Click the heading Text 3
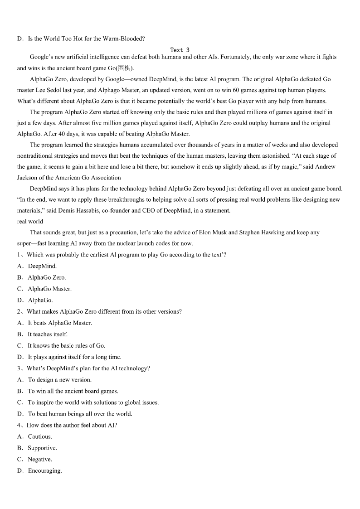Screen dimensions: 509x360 (180, 50)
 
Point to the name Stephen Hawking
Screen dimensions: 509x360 (262, 233)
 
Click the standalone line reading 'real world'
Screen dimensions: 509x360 (30, 221)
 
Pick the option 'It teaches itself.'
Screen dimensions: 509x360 (47, 334)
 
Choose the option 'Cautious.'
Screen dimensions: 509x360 (39, 436)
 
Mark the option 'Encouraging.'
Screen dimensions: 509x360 (44, 470)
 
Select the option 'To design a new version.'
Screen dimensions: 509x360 (59, 380)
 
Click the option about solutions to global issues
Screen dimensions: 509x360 (93, 402)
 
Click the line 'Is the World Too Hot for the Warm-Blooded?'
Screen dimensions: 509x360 (86, 39)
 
